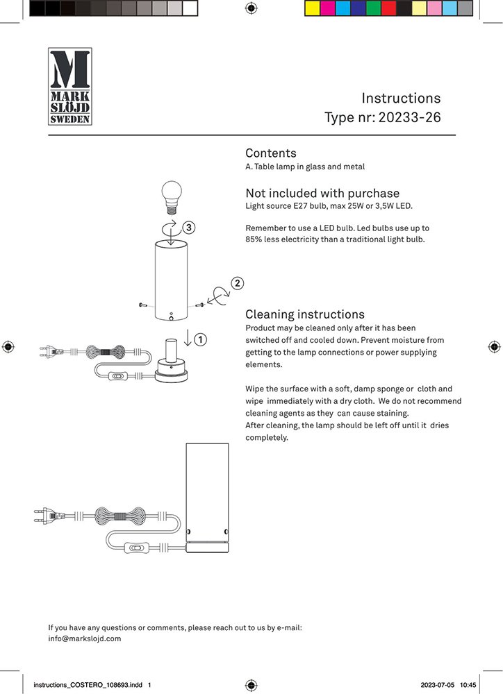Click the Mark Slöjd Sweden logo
(x=69, y=86)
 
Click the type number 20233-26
(x=409, y=117)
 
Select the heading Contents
(x=271, y=153)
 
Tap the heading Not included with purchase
(x=322, y=194)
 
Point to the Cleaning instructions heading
(x=305, y=314)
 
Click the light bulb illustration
(x=171, y=194)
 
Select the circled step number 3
(x=189, y=227)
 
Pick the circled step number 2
(x=238, y=283)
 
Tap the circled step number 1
(x=200, y=339)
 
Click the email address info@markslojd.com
(x=85, y=638)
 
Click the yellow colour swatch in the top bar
(x=313, y=8)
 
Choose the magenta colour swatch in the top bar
(x=328, y=8)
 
